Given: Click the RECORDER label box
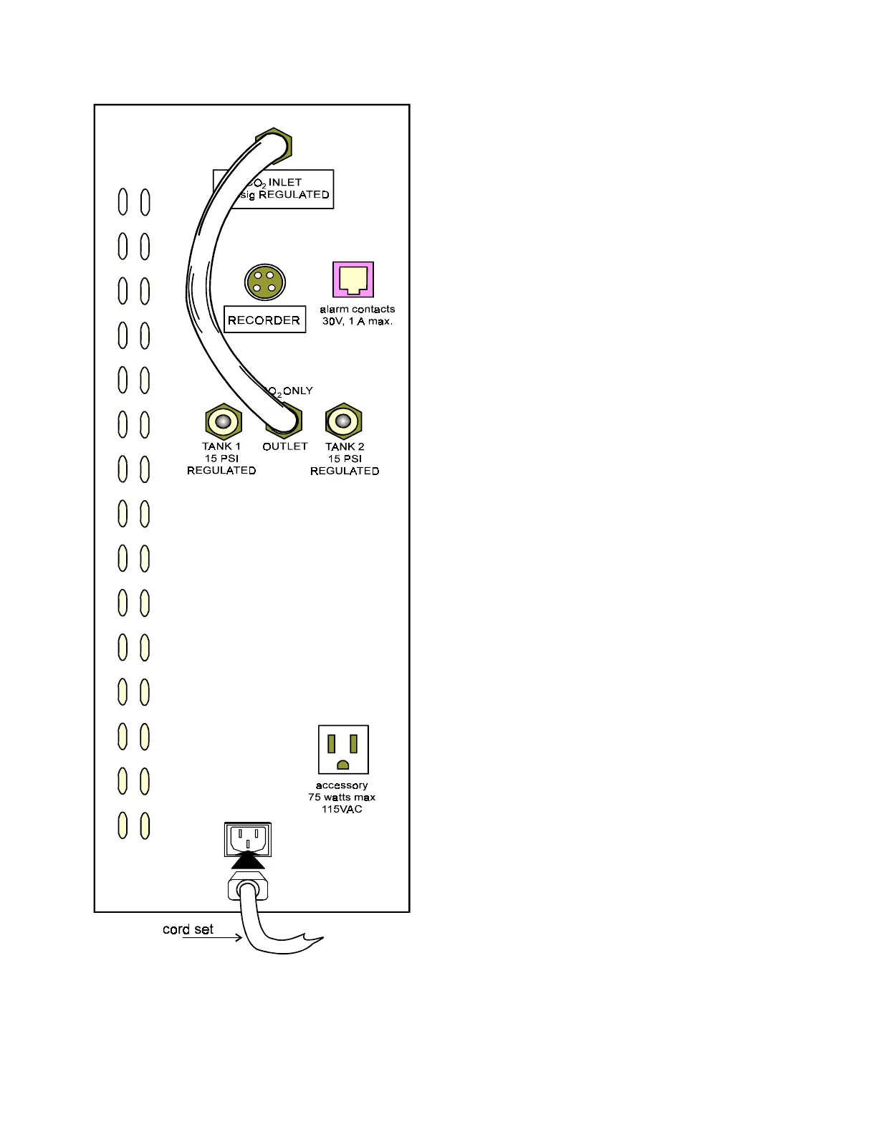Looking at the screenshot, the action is click(264, 320).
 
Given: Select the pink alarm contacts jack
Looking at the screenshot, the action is click(353, 279).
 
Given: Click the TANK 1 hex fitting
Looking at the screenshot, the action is click(223, 422).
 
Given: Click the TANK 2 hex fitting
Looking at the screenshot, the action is click(344, 421).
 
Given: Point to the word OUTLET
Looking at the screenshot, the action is click(285, 446).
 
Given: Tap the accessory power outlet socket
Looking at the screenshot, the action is click(343, 750).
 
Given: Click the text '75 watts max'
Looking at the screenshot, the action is click(342, 797).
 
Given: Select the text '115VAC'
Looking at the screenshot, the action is click(342, 809).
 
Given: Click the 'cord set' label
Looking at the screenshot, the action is click(188, 929).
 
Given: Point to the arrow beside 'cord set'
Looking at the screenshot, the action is click(213, 938).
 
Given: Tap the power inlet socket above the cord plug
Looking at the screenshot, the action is click(248, 838).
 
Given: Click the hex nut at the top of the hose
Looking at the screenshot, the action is click(274, 145).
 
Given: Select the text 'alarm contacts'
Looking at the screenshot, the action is click(357, 309).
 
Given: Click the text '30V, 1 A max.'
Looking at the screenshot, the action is click(357, 321).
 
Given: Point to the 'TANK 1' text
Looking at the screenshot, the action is click(221, 446).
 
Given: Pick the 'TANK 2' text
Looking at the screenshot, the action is click(345, 446).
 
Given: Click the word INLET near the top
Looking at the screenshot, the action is click(285, 182).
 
